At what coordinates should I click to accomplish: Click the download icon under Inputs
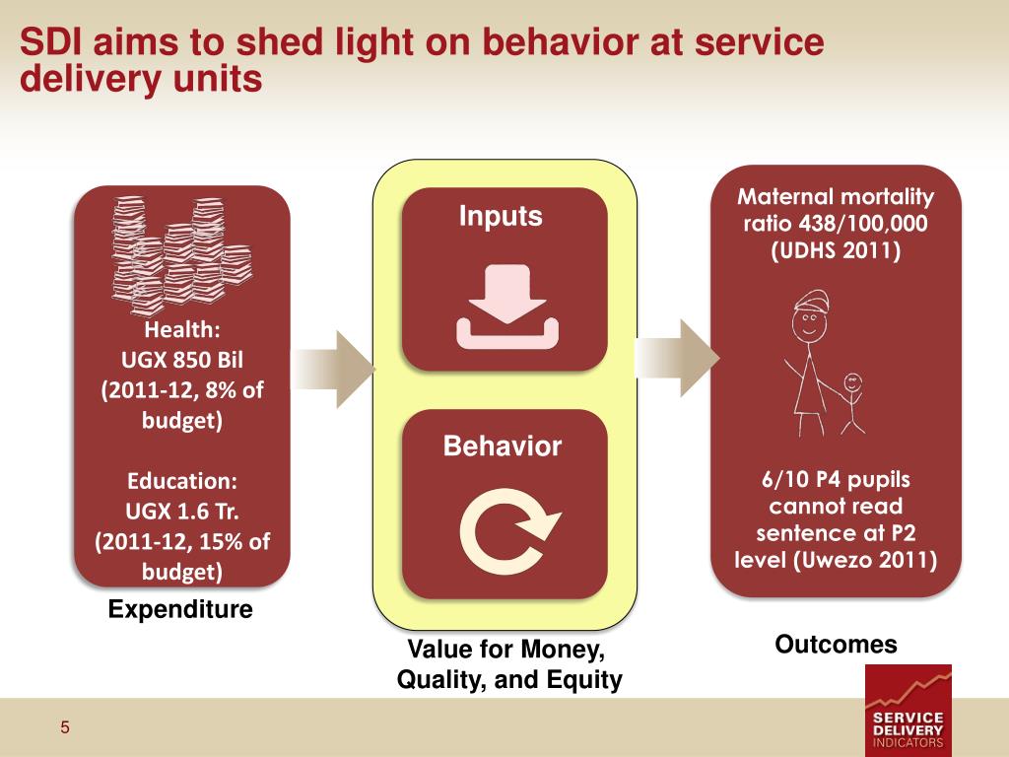506,308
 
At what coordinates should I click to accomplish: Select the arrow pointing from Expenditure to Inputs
337,370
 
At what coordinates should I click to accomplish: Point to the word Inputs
501,216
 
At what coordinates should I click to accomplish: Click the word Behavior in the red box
503,447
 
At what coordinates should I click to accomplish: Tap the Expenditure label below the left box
180,610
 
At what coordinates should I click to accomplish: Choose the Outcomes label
836,645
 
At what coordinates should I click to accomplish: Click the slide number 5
65,728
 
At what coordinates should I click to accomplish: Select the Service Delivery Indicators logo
908,710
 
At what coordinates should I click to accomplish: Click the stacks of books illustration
177,252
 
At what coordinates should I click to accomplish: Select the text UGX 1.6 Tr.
183,512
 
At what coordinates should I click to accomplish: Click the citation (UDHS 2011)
836,250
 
